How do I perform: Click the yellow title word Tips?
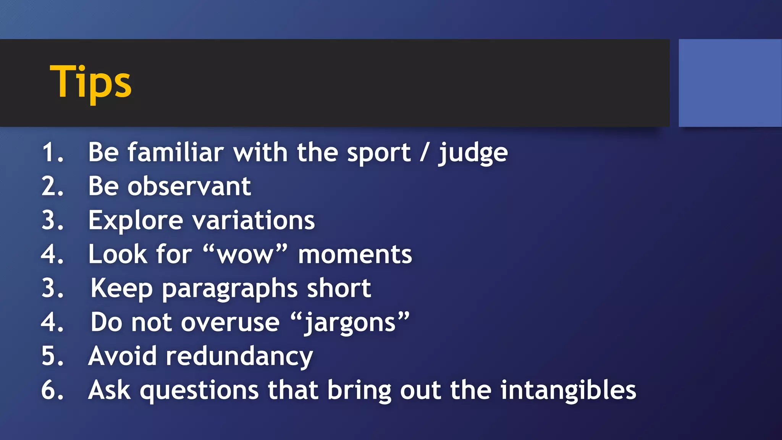pos(90,82)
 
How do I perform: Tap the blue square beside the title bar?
pos(730,83)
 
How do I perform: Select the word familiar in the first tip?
pos(175,152)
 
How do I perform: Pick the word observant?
pos(189,186)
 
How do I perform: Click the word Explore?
pos(136,221)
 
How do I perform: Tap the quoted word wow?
pos(245,255)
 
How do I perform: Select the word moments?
pos(355,255)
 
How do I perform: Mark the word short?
pos(339,288)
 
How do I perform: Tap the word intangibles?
pos(568,390)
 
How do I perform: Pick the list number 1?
pos(52,152)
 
